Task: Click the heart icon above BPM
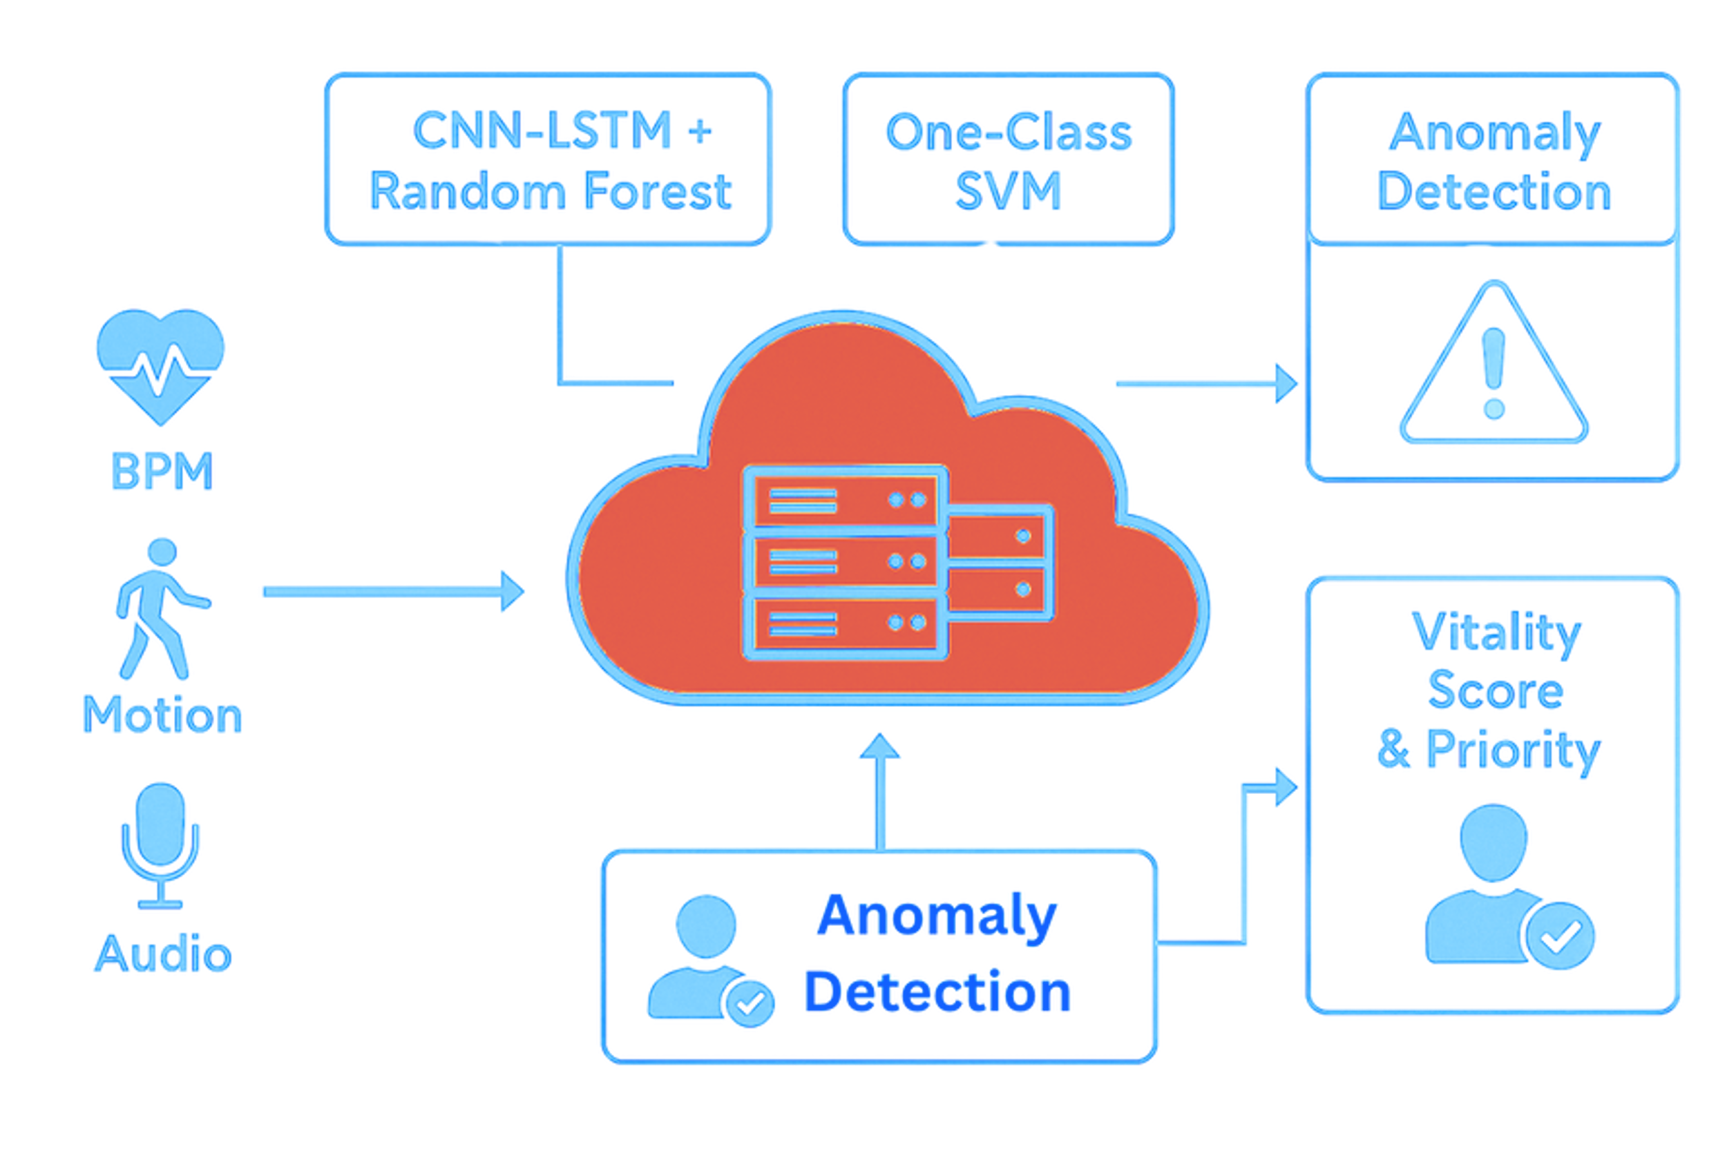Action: [160, 362]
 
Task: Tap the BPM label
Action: [162, 471]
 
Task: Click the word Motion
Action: [162, 715]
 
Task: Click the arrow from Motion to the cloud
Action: [392, 591]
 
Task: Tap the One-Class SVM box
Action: [1008, 159]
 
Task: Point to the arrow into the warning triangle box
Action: [1206, 383]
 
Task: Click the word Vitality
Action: [1496, 632]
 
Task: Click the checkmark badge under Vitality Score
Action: [1560, 936]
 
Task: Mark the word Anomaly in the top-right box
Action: [1495, 134]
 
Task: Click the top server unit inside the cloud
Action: [844, 501]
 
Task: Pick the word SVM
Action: [1008, 191]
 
